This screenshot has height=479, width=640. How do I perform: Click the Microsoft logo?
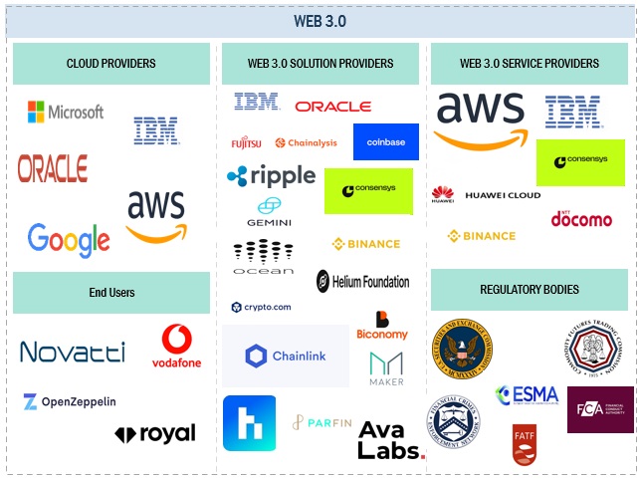tap(66, 112)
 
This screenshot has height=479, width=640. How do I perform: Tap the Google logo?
tap(69, 240)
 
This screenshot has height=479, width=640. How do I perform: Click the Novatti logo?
tap(73, 352)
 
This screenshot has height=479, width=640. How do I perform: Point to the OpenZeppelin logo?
tap(70, 402)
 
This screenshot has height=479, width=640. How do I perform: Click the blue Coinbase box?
tap(385, 142)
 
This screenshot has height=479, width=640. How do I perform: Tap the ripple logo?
tap(271, 176)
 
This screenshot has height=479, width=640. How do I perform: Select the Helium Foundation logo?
tap(362, 282)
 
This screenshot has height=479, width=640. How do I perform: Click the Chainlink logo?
tap(286, 356)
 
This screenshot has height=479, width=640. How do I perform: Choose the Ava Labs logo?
tap(390, 438)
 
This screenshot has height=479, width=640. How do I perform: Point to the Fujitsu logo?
tap(247, 143)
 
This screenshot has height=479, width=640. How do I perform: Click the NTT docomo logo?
tap(581, 217)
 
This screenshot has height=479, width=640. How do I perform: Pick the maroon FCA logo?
tap(600, 409)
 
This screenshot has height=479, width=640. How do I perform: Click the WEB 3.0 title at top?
tap(320, 21)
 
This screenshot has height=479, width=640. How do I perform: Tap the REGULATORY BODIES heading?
tap(530, 290)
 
